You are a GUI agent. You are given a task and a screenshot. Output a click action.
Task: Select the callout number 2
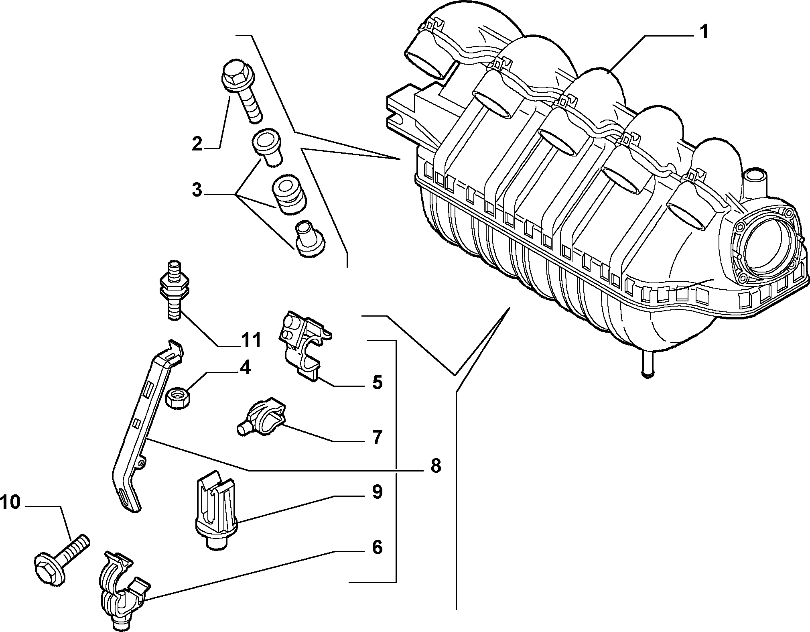pos(197,143)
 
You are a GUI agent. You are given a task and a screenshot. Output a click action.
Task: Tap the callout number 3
pos(197,190)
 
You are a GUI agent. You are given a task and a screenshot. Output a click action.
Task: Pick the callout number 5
pos(377,382)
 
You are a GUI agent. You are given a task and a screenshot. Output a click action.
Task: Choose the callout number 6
pos(377,547)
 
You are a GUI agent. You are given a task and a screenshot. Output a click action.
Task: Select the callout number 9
pos(377,492)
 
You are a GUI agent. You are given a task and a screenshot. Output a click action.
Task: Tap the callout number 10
pos(10,502)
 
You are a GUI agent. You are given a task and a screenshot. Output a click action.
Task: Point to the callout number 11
pos(251,340)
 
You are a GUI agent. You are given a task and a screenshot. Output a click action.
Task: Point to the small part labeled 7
pos(260,417)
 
